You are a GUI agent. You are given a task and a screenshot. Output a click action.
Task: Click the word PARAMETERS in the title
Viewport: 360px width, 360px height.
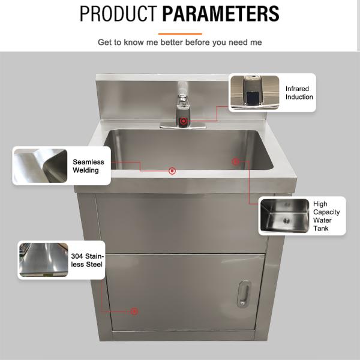point(221,13)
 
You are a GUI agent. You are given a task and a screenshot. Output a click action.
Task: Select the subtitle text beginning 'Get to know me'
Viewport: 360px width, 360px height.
point(180,43)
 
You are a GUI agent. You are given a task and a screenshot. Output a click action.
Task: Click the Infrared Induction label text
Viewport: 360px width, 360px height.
point(299,92)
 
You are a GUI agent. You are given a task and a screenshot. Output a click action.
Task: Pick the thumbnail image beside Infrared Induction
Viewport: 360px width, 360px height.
point(255,92)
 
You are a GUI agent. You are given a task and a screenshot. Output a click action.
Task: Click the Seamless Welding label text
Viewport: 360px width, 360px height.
point(88,166)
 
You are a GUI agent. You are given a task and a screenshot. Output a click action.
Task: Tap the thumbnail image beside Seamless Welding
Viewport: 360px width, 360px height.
point(40,166)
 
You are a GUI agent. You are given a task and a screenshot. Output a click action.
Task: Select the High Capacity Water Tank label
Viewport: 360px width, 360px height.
point(326,216)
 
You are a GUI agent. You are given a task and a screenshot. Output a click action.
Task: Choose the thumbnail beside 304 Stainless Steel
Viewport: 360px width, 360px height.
point(43,260)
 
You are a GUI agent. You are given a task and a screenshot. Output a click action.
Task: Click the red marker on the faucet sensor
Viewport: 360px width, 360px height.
point(182,122)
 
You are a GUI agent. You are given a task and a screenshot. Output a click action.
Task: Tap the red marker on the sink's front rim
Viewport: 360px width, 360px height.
point(172,171)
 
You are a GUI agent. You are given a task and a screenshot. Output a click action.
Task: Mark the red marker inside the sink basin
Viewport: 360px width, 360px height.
point(235,161)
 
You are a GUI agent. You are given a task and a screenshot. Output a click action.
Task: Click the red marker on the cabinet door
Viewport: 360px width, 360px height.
point(134,311)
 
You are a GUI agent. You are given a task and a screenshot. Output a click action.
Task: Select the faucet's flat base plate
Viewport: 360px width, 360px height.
point(183,127)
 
